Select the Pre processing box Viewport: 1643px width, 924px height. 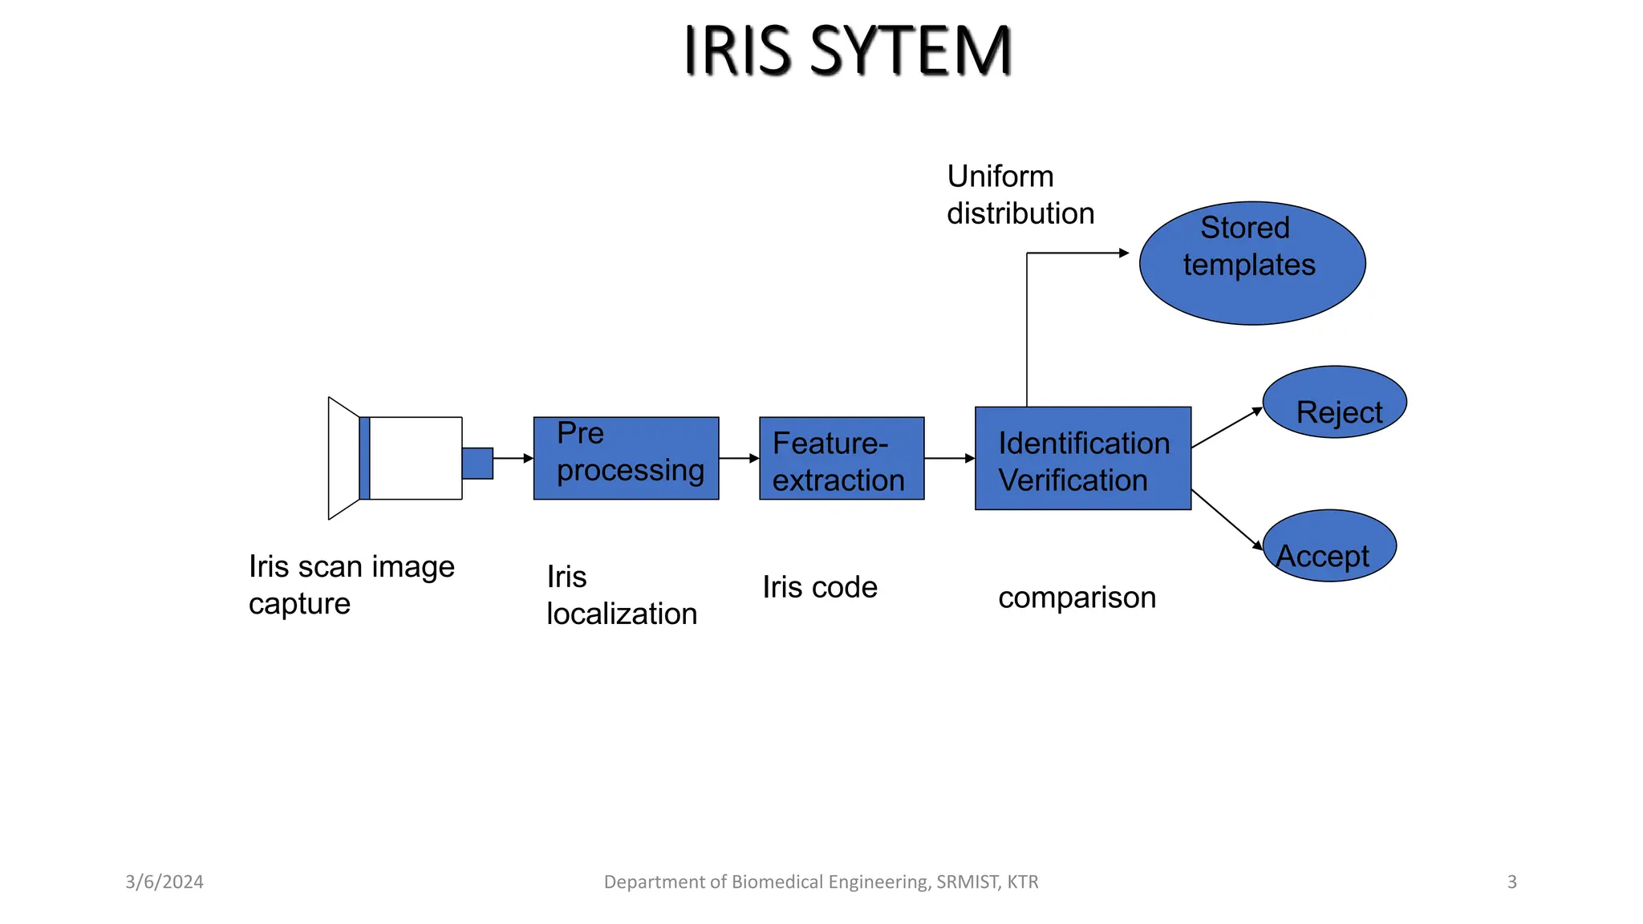pos(626,458)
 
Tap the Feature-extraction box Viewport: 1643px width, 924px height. pos(841,458)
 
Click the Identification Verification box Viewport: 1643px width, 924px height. pos(1082,458)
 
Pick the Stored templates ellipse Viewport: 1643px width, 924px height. pos(1252,263)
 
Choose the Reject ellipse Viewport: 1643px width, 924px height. pos(1334,402)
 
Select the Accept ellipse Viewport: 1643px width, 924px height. pos(1329,545)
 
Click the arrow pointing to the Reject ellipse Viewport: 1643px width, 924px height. pos(1227,428)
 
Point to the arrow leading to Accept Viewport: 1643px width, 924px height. pos(1227,519)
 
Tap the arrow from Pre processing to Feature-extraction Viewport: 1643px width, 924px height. pos(739,458)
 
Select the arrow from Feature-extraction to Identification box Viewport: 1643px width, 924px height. pos(949,458)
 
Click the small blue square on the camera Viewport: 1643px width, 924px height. pos(477,464)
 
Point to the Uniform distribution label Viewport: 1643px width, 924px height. pos(1020,195)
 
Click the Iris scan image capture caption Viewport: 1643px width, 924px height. pos(351,585)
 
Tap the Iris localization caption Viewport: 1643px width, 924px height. pos(621,595)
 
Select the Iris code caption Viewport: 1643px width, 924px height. pos(819,587)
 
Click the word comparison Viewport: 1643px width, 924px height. pos(1077,598)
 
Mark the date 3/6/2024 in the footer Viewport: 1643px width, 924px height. pos(164,881)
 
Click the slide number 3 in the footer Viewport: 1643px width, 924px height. pos(1511,881)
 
